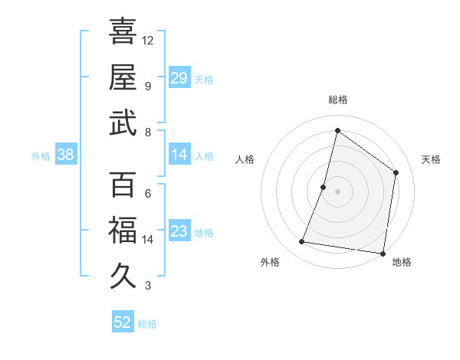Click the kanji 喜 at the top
click(x=123, y=31)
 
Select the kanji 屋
click(x=123, y=77)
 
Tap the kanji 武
click(x=123, y=123)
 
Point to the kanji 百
click(x=123, y=185)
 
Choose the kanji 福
click(x=123, y=231)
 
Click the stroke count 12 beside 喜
click(x=148, y=40)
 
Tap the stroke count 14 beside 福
click(x=148, y=239)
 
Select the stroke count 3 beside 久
click(x=147, y=285)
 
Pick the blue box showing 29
click(x=179, y=77)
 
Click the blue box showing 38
click(x=65, y=155)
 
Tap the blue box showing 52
click(x=123, y=322)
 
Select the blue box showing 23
click(x=179, y=231)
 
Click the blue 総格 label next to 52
click(x=147, y=324)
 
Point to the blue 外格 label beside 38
click(x=41, y=156)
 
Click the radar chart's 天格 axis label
click(x=431, y=159)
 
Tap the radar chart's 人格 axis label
click(x=245, y=159)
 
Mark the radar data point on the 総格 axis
click(x=337, y=130)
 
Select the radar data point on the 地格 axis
click(x=383, y=253)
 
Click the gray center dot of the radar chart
click(x=337, y=191)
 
